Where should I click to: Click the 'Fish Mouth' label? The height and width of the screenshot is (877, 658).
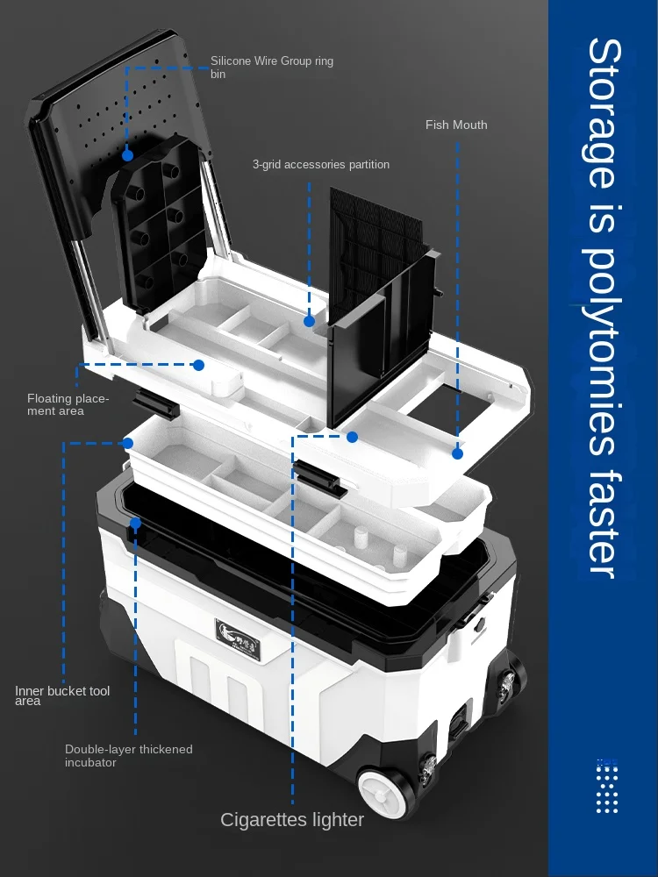click(x=456, y=125)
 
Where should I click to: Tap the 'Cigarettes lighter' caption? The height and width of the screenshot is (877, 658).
click(x=292, y=820)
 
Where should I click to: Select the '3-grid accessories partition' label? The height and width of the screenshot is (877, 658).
click(x=321, y=164)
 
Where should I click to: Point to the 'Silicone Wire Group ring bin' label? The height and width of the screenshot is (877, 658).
click(x=272, y=68)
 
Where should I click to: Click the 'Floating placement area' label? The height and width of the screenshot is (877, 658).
click(x=68, y=405)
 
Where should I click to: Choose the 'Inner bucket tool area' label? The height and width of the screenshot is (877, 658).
click(x=62, y=695)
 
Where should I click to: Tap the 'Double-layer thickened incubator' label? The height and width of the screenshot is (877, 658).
click(x=129, y=755)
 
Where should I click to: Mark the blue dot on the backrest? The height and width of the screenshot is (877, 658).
click(x=127, y=155)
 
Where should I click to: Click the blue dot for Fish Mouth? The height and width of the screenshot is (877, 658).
click(x=457, y=453)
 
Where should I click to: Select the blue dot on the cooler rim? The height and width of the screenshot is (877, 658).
click(x=136, y=524)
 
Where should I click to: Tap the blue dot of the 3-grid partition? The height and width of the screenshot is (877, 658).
click(x=309, y=322)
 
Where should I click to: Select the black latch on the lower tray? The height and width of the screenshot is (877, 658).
click(x=318, y=476)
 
